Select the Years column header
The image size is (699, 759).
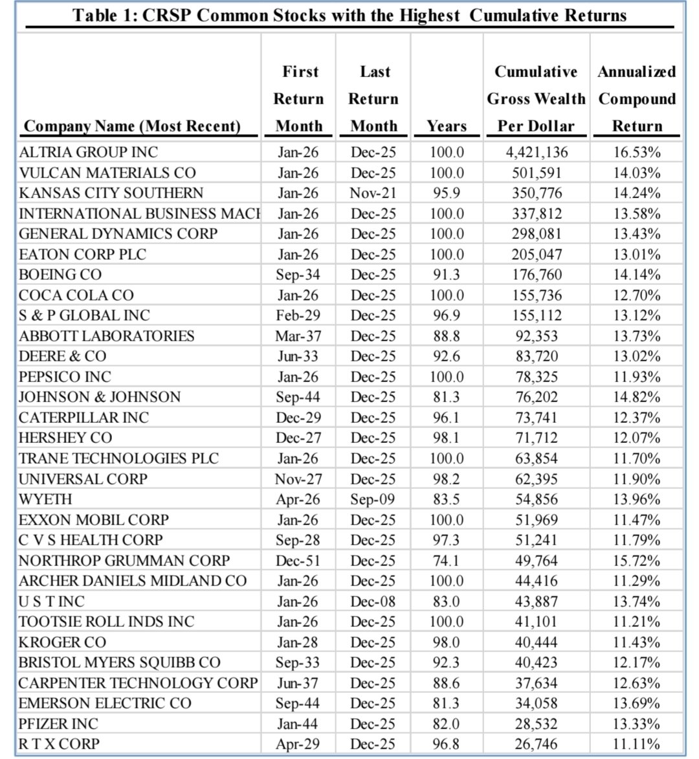coord(447,126)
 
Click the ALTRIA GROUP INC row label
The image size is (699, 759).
coord(88,152)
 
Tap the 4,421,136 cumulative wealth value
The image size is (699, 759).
coord(536,152)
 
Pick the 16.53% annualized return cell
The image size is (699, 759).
coord(637,152)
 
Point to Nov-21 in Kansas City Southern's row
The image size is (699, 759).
coord(373,193)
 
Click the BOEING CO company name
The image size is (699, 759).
coord(60,275)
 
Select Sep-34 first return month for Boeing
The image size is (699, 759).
coord(298,275)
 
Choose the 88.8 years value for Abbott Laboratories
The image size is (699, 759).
coord(447,336)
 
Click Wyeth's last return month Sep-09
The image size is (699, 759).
coord(373,499)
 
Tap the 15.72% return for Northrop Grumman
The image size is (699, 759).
coord(637,560)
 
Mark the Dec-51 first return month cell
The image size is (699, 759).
coord(298,560)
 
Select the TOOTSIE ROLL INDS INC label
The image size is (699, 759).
coord(106,622)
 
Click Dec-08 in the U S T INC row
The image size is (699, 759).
coord(373,601)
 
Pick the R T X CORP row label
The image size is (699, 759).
coord(59,744)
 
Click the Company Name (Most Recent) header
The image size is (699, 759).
coord(132,126)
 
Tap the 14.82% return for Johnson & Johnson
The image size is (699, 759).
coord(637,397)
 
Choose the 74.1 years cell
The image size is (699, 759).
coord(447,560)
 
